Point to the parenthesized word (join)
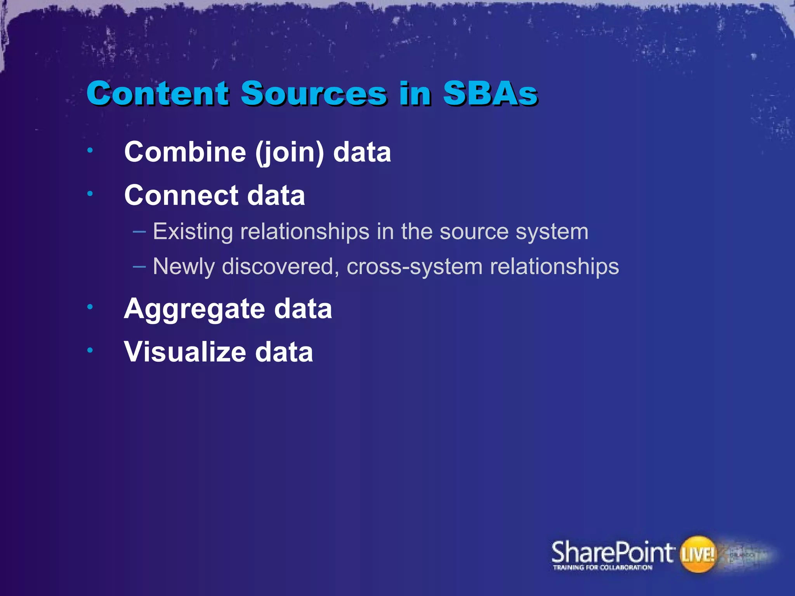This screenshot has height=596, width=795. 289,152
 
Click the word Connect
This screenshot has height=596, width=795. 181,195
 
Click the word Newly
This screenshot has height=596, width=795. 184,267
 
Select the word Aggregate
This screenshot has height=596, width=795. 194,309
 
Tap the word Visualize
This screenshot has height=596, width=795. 185,352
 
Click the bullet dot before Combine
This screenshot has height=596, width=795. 90,150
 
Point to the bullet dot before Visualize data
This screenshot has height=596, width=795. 90,350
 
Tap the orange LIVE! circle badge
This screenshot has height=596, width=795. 698,554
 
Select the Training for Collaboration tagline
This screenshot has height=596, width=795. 602,568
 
